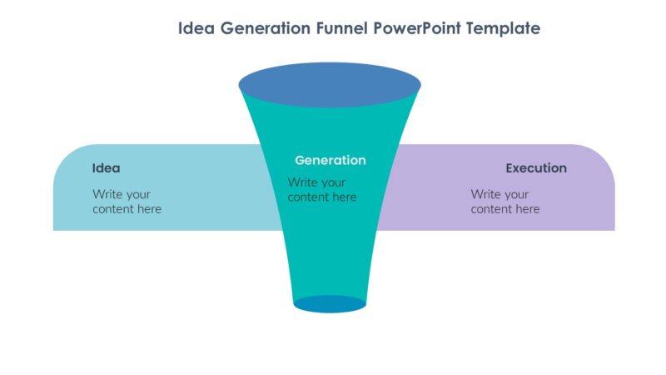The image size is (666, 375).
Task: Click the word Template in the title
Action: tap(504, 28)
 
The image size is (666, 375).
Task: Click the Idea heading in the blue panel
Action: tap(106, 168)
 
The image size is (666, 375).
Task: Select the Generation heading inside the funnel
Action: tap(330, 160)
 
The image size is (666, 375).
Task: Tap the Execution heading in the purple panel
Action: tap(536, 168)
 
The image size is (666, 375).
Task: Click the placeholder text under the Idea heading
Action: tap(127, 202)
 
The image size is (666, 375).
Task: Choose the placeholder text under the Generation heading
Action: tap(322, 190)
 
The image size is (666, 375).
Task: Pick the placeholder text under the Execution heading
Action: tap(504, 202)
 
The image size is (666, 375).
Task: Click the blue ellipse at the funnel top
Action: tap(330, 85)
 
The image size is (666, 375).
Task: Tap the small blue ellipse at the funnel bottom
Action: tap(330, 304)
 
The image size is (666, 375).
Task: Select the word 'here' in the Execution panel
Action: tap(526, 209)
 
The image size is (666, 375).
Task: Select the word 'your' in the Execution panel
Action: tap(515, 194)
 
